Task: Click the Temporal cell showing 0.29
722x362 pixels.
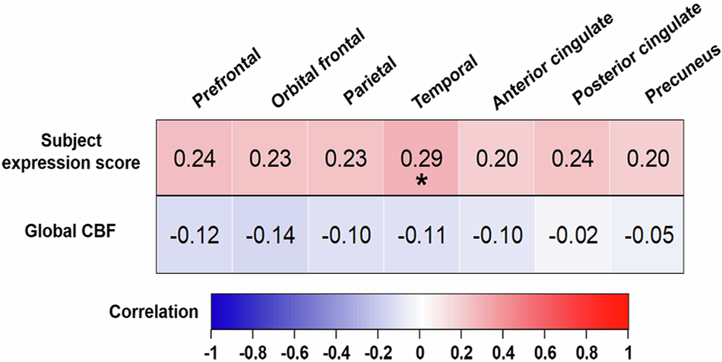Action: coord(420,158)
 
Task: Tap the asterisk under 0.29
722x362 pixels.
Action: coord(420,181)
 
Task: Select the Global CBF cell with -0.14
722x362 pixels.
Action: coord(270,235)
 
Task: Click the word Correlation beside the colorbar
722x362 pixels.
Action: coord(154,312)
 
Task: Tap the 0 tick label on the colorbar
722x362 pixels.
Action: coord(420,353)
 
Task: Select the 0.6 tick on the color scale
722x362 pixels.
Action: coord(545,353)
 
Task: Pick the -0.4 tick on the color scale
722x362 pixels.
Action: coord(336,353)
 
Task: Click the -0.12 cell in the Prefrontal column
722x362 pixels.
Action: coord(195,235)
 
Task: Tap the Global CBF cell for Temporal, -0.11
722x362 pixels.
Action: coord(420,235)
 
